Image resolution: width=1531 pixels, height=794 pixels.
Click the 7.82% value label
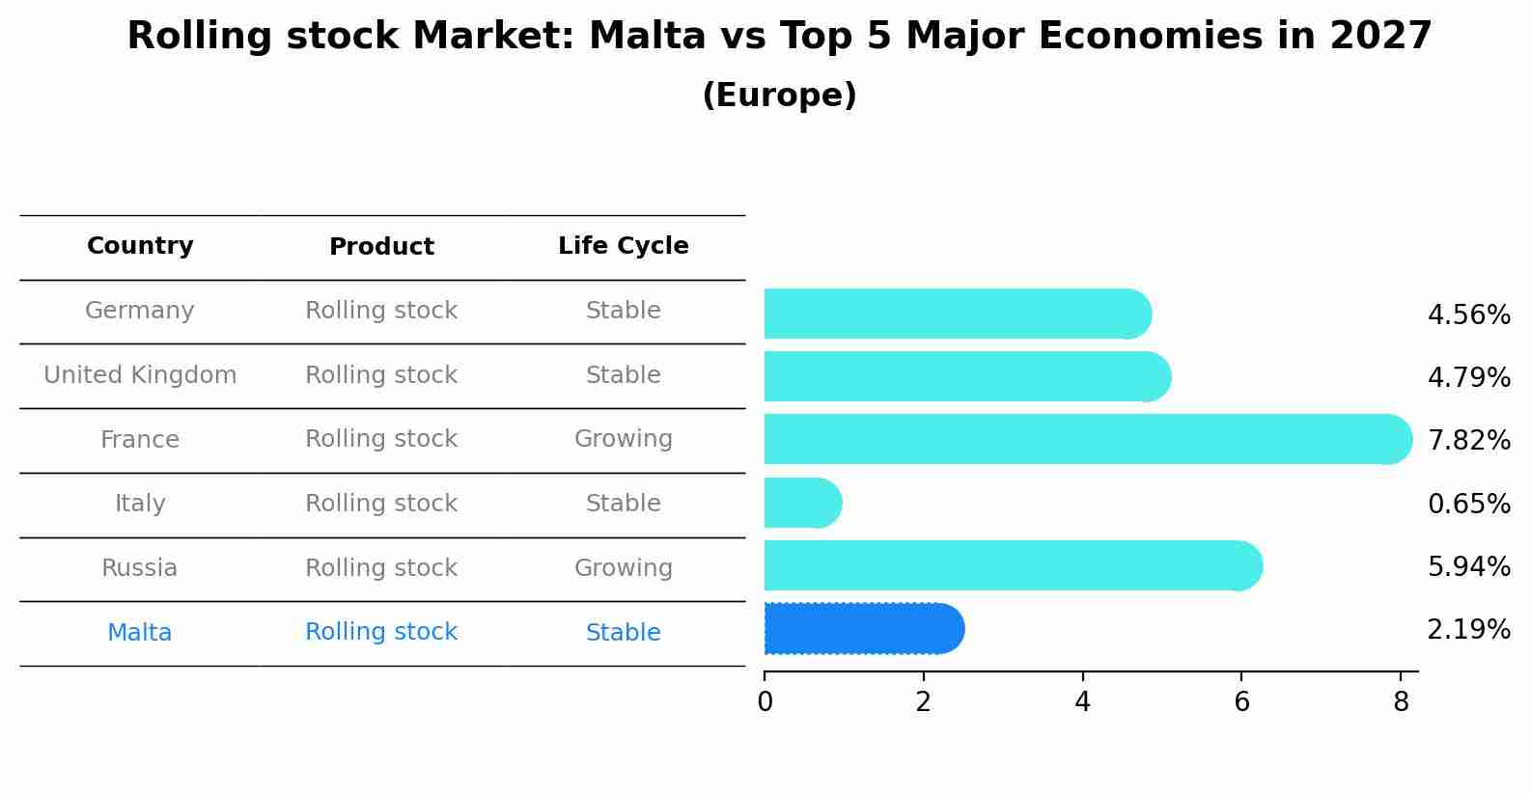click(1468, 440)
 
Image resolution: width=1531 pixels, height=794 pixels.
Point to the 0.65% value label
click(1468, 504)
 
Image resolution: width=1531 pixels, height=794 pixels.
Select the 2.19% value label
click(1468, 630)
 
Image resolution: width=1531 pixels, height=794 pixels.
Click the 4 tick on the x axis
click(1082, 702)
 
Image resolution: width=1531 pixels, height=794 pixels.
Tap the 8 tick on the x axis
click(1401, 702)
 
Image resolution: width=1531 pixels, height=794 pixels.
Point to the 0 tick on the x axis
click(765, 702)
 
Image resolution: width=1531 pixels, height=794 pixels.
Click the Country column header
click(140, 246)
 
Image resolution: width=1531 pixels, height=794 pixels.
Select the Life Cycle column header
click(623, 246)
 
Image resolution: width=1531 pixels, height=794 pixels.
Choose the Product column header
click(381, 247)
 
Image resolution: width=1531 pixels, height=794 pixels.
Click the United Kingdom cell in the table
click(140, 375)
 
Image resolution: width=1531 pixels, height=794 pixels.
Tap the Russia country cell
click(140, 568)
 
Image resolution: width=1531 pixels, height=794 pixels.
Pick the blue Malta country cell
click(140, 633)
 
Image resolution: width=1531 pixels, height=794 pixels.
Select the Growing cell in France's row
click(623, 439)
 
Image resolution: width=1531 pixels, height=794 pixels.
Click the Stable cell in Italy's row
click(623, 504)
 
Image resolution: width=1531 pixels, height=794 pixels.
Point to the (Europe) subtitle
click(779, 96)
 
